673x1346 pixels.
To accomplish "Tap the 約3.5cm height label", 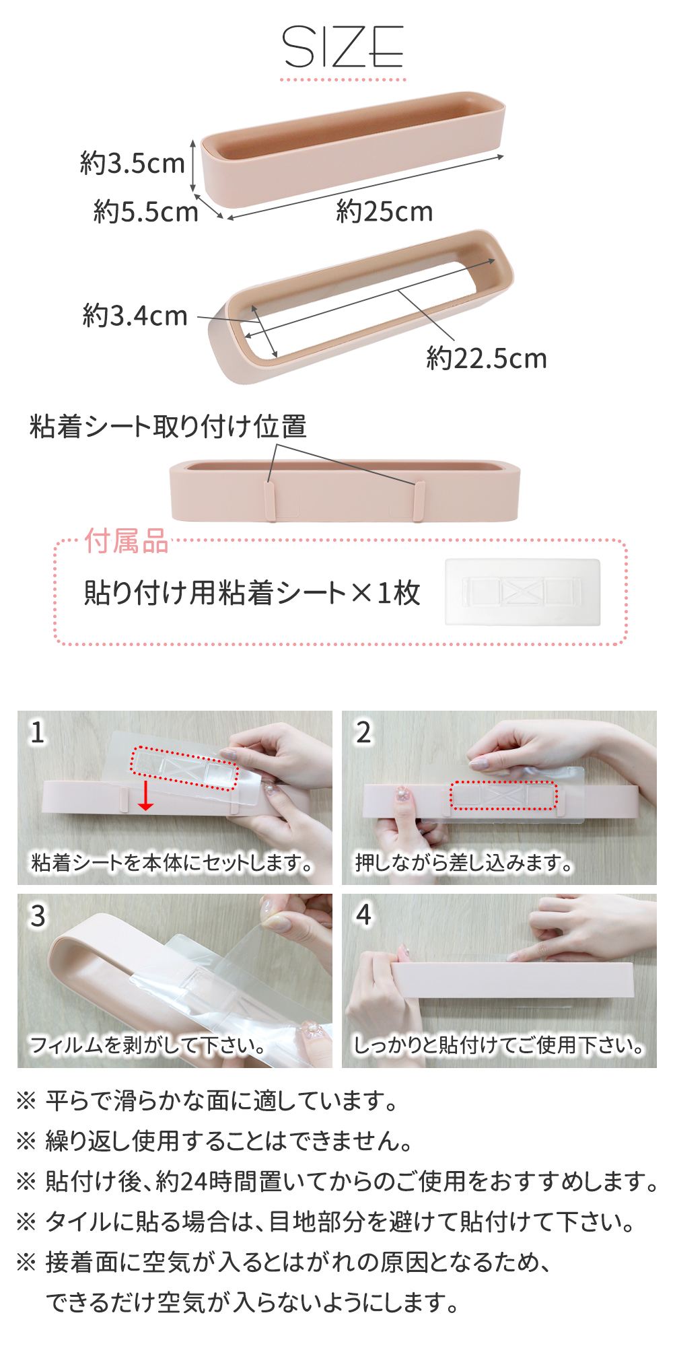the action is (133, 164).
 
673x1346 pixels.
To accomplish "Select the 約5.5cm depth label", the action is (146, 212).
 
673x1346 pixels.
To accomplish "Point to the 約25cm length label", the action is (384, 212).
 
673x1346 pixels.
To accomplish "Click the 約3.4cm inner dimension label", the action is (135, 315).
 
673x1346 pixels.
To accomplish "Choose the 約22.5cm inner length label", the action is (487, 357).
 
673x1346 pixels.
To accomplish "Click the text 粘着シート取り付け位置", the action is (168, 427).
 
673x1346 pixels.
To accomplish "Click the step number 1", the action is (38, 732).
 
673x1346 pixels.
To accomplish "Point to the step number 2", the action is (363, 732).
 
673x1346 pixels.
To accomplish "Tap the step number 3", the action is (38, 915).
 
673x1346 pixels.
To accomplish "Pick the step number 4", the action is (363, 915).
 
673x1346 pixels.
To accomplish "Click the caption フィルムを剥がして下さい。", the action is (147, 1045).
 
